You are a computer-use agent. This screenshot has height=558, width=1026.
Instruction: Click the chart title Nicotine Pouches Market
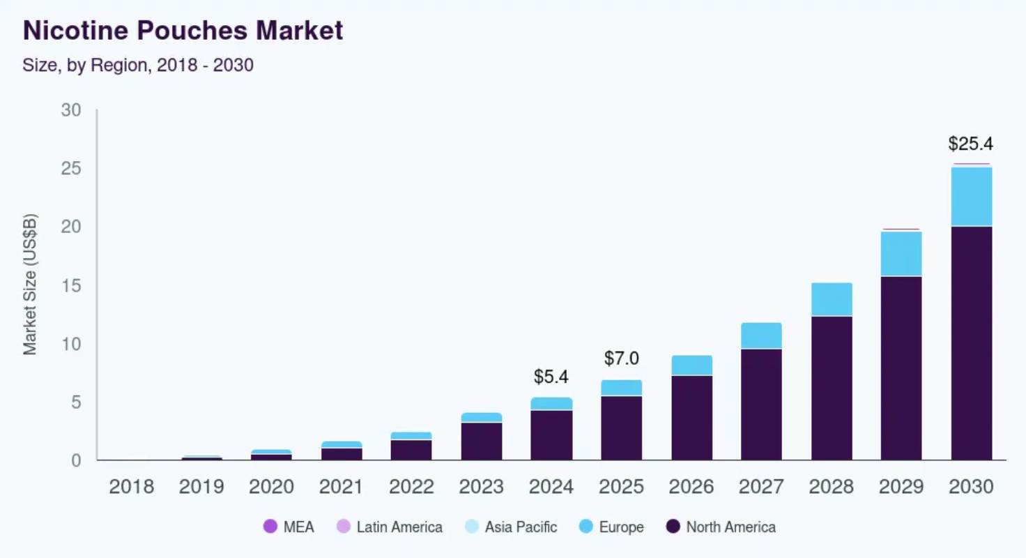click(183, 31)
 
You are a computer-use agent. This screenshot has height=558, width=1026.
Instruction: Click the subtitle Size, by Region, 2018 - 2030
click(137, 66)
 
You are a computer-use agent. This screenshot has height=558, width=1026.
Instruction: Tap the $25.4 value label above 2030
click(970, 144)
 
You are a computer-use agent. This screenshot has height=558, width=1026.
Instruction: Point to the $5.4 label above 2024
click(551, 377)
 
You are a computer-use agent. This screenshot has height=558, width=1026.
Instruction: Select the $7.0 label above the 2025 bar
click(621, 359)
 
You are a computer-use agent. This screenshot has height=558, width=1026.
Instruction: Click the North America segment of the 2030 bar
click(971, 342)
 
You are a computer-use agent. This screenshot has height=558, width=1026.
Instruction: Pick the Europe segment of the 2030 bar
click(971, 197)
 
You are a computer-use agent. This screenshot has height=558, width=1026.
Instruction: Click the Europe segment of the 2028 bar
click(831, 299)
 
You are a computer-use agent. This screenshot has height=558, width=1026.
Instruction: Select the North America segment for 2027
click(761, 404)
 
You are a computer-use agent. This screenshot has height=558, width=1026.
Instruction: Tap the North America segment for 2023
click(481, 441)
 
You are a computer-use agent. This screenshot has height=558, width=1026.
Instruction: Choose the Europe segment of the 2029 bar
click(901, 254)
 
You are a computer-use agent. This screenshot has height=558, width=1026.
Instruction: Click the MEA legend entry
click(289, 527)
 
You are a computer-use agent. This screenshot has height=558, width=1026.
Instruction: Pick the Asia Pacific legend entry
click(511, 527)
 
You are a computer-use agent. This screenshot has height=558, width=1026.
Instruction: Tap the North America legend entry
click(721, 527)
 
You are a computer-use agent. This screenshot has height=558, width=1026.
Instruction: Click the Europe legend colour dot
click(586, 527)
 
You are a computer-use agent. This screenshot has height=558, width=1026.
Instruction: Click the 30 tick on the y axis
click(72, 110)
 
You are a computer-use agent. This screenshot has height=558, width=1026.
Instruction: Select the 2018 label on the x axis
click(131, 487)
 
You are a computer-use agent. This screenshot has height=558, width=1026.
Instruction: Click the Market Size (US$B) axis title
click(30, 285)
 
